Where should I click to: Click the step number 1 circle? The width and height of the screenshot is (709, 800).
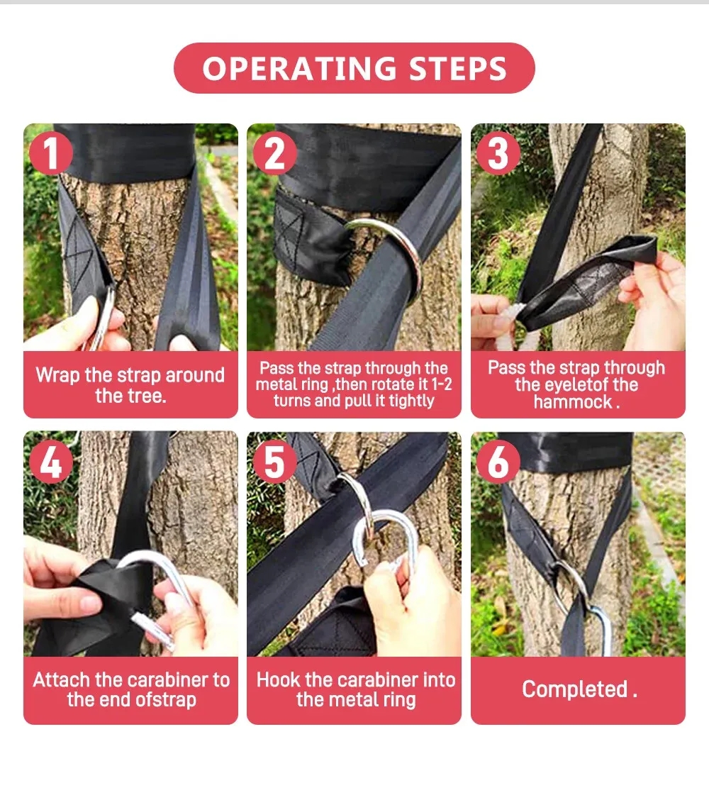tap(50, 153)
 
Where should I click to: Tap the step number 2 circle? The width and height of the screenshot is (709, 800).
tap(274, 153)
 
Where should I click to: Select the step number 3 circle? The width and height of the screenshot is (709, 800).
tap(498, 153)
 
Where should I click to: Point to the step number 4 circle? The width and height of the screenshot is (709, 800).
tap(50, 462)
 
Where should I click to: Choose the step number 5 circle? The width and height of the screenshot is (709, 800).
tap(274, 462)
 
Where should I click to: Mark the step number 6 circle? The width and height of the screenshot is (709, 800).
tap(498, 462)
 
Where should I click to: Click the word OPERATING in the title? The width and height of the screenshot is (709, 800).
tap(299, 68)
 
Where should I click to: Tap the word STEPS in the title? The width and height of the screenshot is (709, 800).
tap(457, 68)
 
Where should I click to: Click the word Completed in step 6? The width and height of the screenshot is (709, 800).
tap(574, 689)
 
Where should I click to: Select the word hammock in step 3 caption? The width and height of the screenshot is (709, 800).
tap(572, 402)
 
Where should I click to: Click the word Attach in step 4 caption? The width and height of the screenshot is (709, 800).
tap(61, 679)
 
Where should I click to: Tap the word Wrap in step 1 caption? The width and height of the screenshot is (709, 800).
tap(57, 375)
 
